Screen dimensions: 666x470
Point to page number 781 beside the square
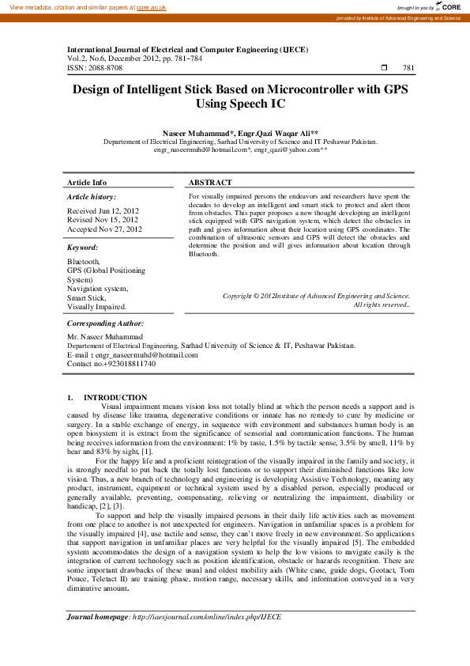(x=408, y=68)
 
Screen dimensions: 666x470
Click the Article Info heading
(x=87, y=182)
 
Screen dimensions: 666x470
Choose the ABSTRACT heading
(x=210, y=182)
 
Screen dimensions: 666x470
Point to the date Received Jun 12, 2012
(x=103, y=211)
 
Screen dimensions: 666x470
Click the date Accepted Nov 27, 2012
(x=105, y=229)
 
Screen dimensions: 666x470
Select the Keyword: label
(x=83, y=248)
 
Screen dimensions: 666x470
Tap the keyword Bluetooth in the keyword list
(x=84, y=261)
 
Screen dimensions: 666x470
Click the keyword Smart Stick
(x=88, y=297)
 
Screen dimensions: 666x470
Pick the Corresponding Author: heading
(x=105, y=324)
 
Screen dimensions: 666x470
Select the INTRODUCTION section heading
(x=115, y=397)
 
